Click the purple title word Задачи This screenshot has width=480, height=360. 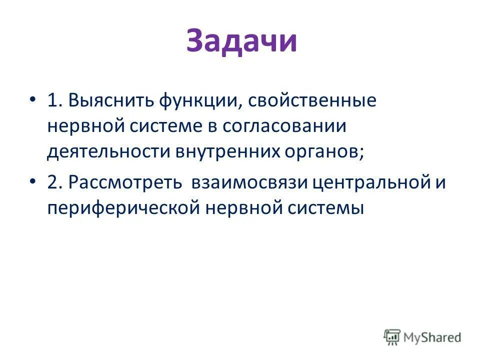[241, 41]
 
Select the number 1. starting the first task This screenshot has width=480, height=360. [55, 100]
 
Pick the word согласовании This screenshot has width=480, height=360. [284, 126]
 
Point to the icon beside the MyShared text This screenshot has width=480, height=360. [392, 337]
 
